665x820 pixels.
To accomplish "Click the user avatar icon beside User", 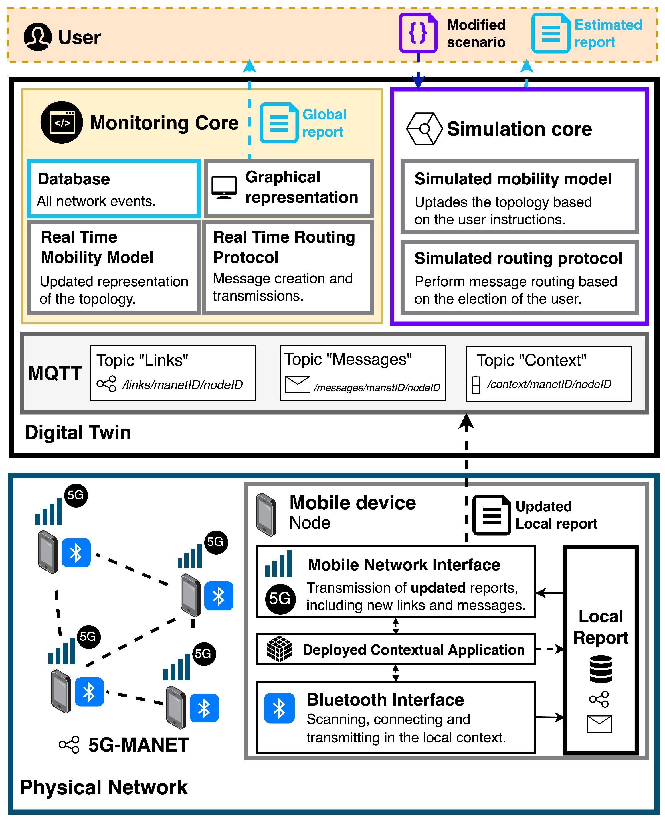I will click(38, 37).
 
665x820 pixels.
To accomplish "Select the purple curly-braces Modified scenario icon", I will click(418, 33).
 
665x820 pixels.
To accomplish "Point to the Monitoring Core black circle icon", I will click(61, 123).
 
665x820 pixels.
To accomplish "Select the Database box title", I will click(74, 179).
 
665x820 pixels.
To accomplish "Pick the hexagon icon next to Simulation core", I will click(424, 129).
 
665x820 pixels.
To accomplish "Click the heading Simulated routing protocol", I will click(518, 258).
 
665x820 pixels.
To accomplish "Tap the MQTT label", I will click(55, 373).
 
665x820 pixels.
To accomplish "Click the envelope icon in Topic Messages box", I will click(297, 384).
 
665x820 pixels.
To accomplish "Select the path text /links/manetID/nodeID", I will click(182, 385).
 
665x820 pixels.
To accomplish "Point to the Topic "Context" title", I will click(531, 360).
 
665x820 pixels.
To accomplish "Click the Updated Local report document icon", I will click(492, 515).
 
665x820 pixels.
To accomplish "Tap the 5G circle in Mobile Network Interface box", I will click(280, 599).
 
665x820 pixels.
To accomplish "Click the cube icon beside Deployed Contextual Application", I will click(279, 649).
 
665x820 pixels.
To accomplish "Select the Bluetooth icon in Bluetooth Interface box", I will click(279, 708).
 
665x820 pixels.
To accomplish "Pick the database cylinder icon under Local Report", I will click(601, 669).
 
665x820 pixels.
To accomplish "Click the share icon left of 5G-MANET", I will click(69, 744).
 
